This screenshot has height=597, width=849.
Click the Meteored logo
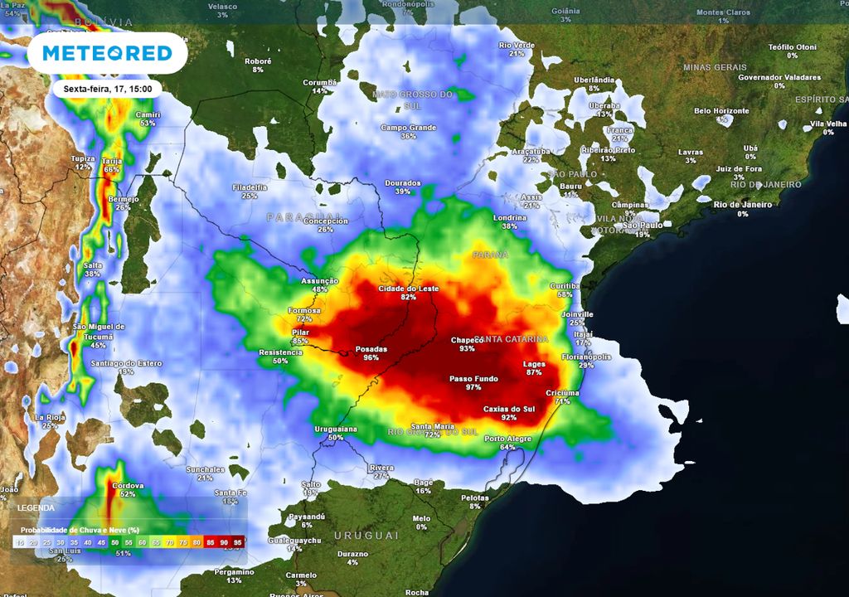[x=107, y=53]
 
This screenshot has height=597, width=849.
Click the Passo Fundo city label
[x=473, y=379]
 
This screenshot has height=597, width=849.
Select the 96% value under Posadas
[x=371, y=358]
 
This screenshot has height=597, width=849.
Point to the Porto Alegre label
[x=507, y=438]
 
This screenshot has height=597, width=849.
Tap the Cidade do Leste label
[x=409, y=288]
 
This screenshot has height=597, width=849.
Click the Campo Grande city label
[x=409, y=128]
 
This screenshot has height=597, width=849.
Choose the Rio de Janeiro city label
[x=743, y=205]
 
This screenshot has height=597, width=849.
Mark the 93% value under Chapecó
[x=468, y=349]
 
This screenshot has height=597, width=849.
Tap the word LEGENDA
[x=36, y=507]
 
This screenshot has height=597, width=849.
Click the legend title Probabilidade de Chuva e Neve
[x=79, y=529]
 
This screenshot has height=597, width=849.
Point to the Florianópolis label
[x=586, y=357]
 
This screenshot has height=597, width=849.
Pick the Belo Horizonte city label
[x=721, y=110]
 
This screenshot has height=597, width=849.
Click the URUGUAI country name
[x=366, y=536]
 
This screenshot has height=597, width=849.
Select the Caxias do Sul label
[x=509, y=409]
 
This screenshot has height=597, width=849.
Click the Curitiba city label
[x=565, y=285]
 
